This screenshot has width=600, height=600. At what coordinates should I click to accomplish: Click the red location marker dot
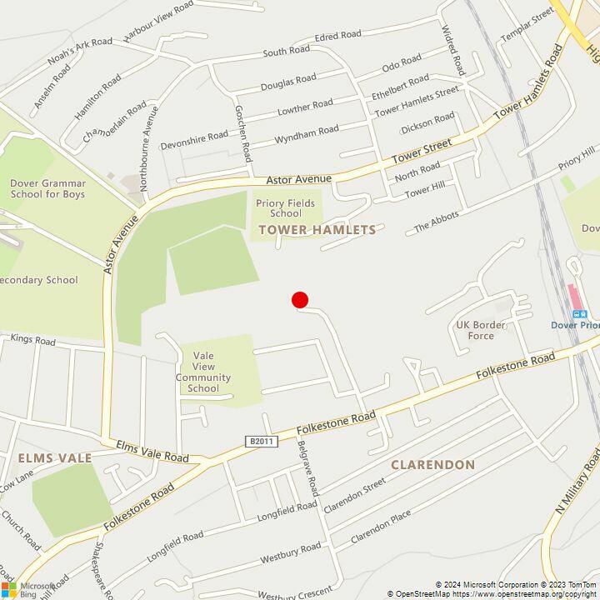tap(300, 300)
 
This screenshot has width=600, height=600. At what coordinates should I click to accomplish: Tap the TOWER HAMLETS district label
tap(317, 229)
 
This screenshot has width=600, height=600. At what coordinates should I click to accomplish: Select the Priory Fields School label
tap(279, 207)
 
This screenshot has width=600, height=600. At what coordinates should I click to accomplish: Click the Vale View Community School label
tap(203, 377)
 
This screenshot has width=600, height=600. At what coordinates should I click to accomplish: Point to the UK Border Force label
tap(475, 330)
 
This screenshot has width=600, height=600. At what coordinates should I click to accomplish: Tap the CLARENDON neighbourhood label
tap(432, 464)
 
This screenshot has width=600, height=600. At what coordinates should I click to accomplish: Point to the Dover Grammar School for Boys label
tap(47, 188)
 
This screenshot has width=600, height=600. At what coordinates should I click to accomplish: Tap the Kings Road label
tap(33, 341)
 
